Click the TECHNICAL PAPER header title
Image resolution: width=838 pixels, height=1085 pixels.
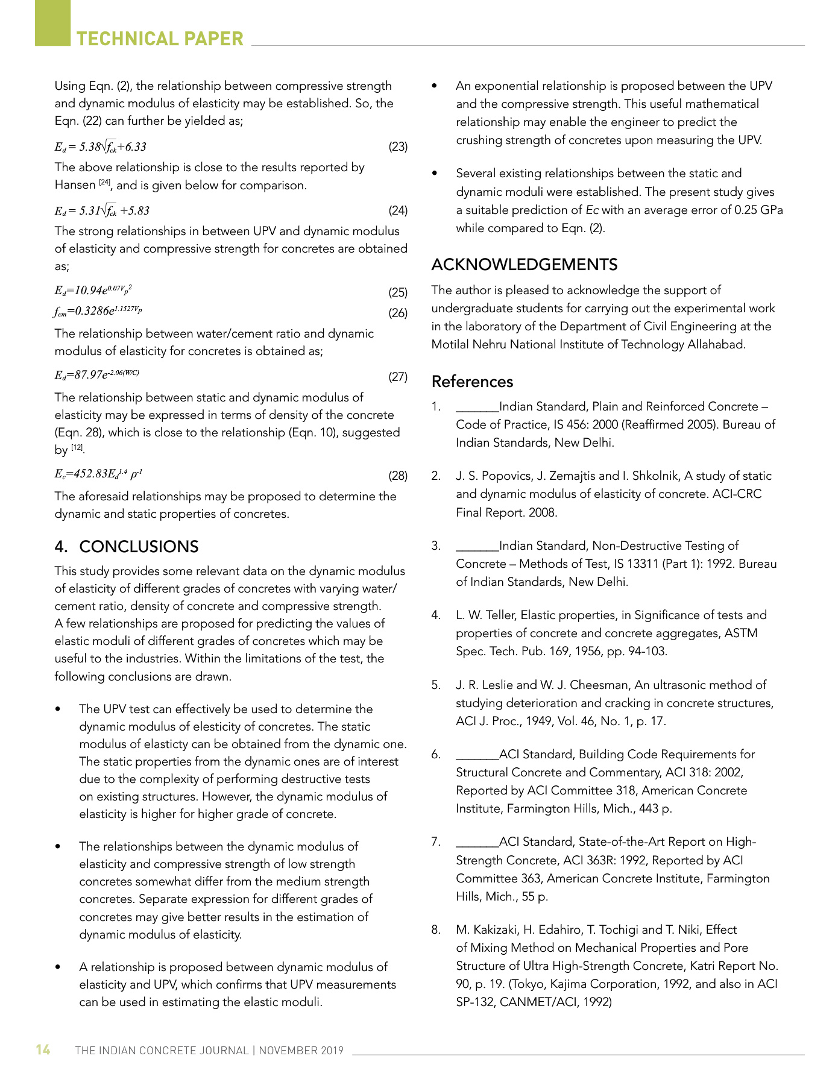click(160, 39)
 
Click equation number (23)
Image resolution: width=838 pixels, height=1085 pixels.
click(398, 146)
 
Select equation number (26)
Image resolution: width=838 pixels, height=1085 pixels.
click(398, 313)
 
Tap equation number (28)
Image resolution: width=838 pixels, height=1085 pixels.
click(398, 476)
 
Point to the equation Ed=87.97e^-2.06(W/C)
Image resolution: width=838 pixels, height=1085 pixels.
click(97, 375)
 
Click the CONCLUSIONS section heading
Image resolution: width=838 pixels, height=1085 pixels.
click(139, 547)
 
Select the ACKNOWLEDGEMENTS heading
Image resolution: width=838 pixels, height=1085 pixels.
click(524, 265)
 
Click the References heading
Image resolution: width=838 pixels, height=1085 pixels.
click(472, 382)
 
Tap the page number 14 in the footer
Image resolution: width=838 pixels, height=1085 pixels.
click(43, 1049)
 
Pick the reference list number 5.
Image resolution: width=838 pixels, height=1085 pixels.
click(436, 685)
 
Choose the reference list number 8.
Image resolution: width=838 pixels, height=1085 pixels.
click(436, 929)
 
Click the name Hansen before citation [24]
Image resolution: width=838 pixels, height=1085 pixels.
click(75, 186)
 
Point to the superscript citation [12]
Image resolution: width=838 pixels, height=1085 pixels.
click(77, 447)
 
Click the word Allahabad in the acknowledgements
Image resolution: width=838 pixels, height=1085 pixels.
click(716, 345)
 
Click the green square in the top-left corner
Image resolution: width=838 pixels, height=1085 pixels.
click(52, 22)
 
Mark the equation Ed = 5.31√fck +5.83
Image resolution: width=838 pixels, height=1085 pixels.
click(102, 211)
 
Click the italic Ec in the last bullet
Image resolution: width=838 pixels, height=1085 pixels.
click(592, 210)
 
